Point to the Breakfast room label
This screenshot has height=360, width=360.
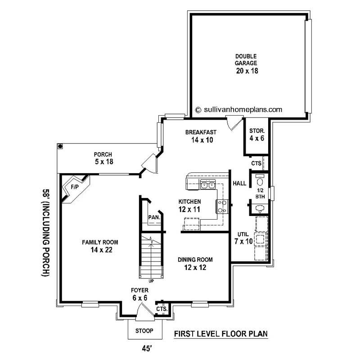click(x=201, y=132)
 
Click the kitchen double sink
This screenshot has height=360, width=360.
click(x=208, y=184)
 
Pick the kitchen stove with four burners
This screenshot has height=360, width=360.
click(x=222, y=206)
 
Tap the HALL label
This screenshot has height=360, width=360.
click(x=239, y=184)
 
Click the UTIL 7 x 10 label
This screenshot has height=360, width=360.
click(x=243, y=238)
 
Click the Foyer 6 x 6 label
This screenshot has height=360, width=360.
click(x=140, y=294)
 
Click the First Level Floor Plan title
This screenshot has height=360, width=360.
click(x=220, y=333)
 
